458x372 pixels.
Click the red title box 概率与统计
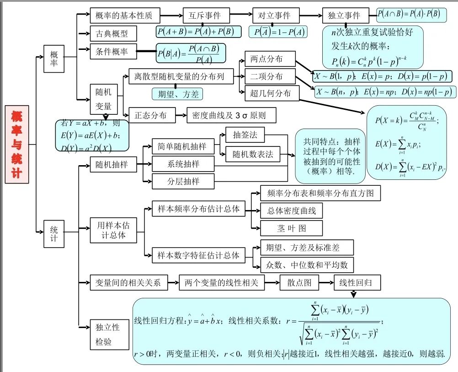pyautogui.click(x=17, y=144)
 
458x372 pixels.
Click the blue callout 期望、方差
pyautogui.click(x=177, y=94)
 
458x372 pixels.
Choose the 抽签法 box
pyautogui.click(x=245, y=135)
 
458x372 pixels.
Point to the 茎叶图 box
pyautogui.click(x=291, y=228)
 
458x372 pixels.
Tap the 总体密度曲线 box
pyautogui.click(x=291, y=210)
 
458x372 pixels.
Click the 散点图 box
pyautogui.click(x=299, y=283)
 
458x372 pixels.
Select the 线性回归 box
pyautogui.click(x=357, y=283)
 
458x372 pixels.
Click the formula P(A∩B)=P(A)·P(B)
pyautogui.click(x=409, y=15)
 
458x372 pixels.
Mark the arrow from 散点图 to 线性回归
pyautogui.click(x=326, y=283)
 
